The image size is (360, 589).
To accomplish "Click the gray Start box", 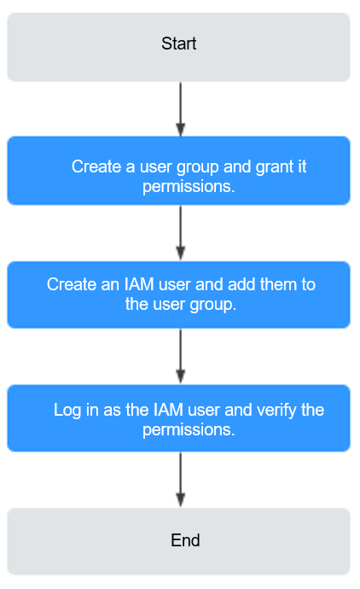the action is click(x=178, y=47).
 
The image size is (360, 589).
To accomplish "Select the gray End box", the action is click(x=178, y=541).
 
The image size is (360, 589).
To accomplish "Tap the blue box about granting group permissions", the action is click(x=178, y=171).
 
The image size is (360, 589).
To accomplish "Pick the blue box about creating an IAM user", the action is click(x=178, y=294).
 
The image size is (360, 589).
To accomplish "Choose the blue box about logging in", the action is click(x=178, y=418).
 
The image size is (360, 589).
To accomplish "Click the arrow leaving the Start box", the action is click(x=181, y=109).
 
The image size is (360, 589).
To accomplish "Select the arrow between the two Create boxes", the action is click(x=181, y=233).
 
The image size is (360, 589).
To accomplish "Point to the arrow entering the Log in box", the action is click(x=181, y=356).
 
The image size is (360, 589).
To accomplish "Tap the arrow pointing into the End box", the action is click(x=181, y=480).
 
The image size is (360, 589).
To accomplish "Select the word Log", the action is click(x=67, y=411).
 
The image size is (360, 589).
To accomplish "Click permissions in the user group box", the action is click(x=189, y=187).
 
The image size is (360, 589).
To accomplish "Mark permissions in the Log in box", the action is click(x=189, y=430).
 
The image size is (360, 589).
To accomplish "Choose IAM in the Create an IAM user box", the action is click(x=139, y=284).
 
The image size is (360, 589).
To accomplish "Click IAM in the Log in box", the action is click(x=169, y=410).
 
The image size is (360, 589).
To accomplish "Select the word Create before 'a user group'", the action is click(x=96, y=166).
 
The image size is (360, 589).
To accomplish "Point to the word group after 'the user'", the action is click(x=213, y=305).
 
